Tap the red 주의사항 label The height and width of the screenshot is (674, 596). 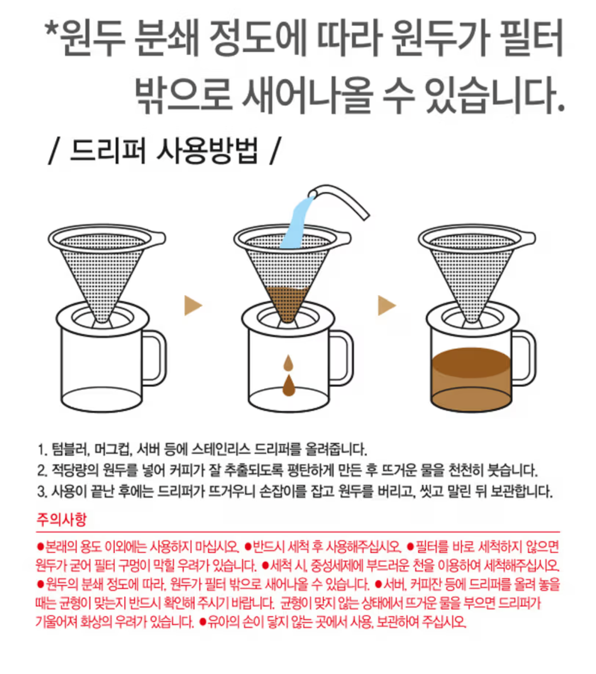pyautogui.click(x=61, y=519)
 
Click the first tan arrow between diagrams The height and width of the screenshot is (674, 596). pyautogui.click(x=193, y=305)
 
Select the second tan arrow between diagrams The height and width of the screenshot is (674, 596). pyautogui.click(x=387, y=305)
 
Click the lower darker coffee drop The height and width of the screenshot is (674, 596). pyautogui.click(x=289, y=385)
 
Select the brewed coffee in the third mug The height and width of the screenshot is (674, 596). pyautogui.click(x=471, y=379)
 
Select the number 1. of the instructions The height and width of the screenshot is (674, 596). pyautogui.click(x=42, y=449)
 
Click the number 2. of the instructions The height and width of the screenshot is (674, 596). pyautogui.click(x=42, y=471)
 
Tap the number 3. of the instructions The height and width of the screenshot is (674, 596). pyautogui.click(x=42, y=492)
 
